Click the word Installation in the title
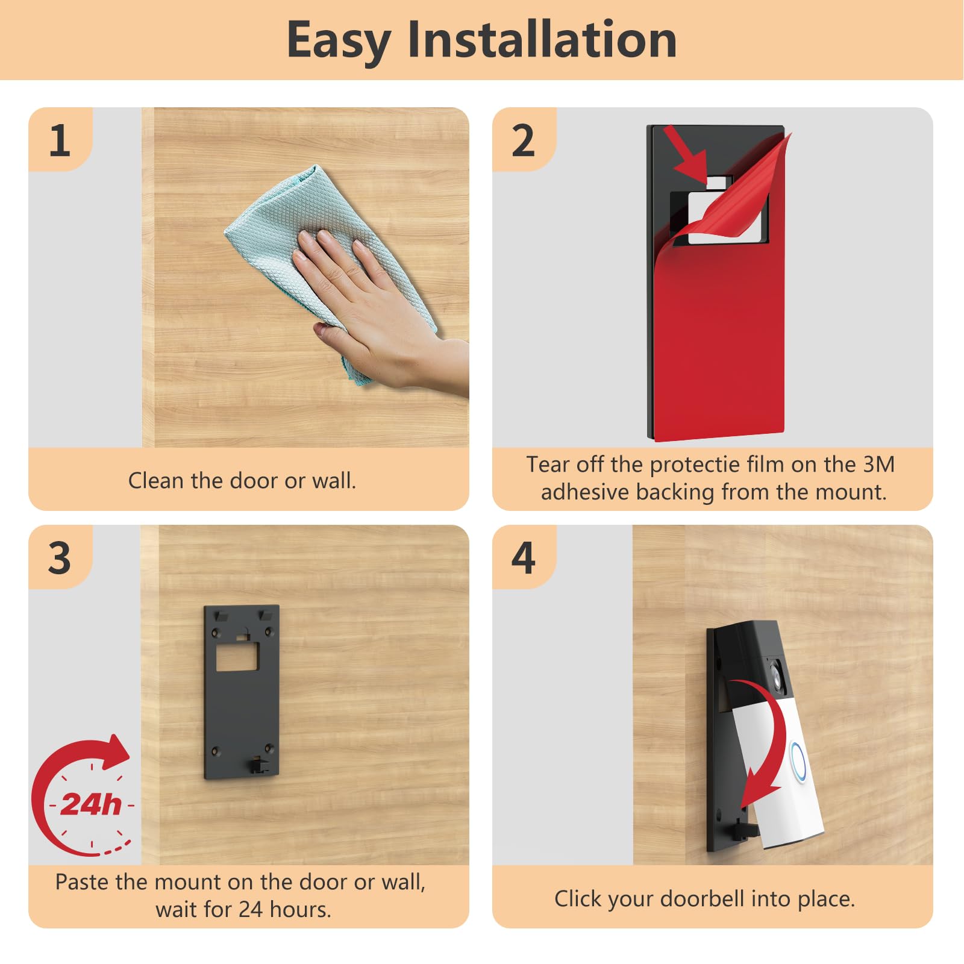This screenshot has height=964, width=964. pyautogui.click(x=542, y=40)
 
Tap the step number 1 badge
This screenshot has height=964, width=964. pyautogui.click(x=60, y=140)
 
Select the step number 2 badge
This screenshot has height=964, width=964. pyautogui.click(x=523, y=140)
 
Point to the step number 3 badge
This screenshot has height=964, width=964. pyautogui.click(x=60, y=558)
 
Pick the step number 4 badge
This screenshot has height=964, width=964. pyautogui.click(x=523, y=558)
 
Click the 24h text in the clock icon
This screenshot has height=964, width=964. pyautogui.click(x=91, y=804)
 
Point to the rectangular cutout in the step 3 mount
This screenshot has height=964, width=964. pyautogui.click(x=237, y=656)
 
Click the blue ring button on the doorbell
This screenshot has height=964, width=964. pyautogui.click(x=798, y=762)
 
